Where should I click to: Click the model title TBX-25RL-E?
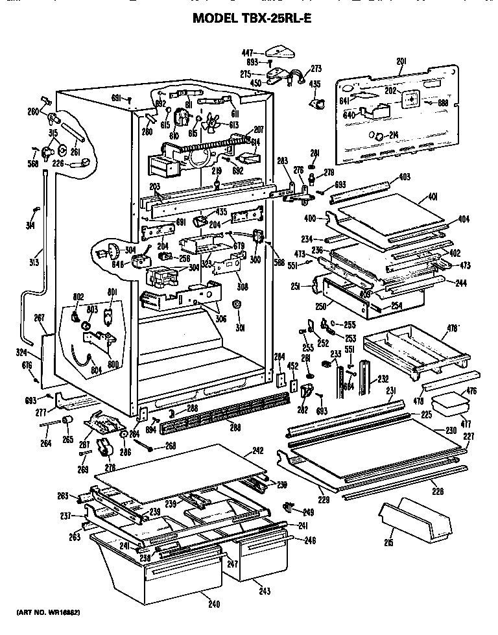252,19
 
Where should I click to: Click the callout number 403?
404,177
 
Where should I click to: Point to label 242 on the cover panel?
239,449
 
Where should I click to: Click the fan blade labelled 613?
233,125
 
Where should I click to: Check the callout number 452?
293,366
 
